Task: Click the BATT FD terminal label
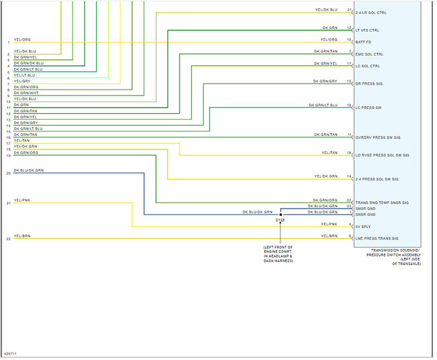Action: [x=364, y=42]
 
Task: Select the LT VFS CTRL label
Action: [x=367, y=30]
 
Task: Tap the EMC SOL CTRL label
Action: [x=369, y=55]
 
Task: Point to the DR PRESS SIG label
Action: [x=368, y=84]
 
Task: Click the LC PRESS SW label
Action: [x=368, y=108]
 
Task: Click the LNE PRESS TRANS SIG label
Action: [x=376, y=239]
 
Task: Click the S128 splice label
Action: [x=280, y=220]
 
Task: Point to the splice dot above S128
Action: [x=280, y=215]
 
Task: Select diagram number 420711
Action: [x=11, y=353]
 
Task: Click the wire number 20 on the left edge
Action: [x=8, y=174]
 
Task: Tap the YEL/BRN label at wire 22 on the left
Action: [x=22, y=236]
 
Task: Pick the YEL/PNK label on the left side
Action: [x=22, y=200]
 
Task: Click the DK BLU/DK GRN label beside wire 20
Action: [x=28, y=171]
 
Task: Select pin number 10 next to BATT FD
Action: [x=350, y=40]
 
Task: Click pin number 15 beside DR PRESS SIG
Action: [x=350, y=81]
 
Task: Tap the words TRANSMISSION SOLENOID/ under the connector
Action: [x=394, y=250]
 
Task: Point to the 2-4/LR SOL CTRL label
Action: [x=371, y=13]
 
